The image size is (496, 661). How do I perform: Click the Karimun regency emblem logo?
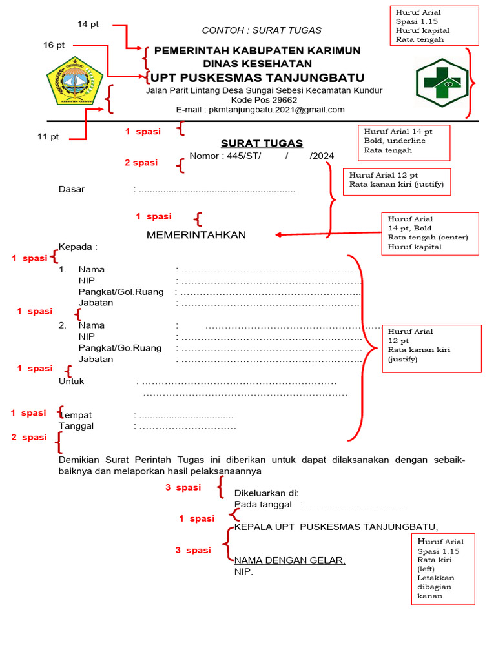pyautogui.click(x=74, y=82)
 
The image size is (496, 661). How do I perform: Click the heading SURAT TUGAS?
pyautogui.click(x=262, y=143)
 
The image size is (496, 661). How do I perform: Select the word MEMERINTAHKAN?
pyautogui.click(x=196, y=235)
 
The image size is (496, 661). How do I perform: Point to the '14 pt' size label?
pyautogui.click(x=88, y=25)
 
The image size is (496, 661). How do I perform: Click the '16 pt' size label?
pyautogui.click(x=54, y=45)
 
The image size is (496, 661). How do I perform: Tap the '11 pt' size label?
pyautogui.click(x=48, y=136)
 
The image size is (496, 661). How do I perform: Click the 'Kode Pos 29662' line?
pyautogui.click(x=263, y=100)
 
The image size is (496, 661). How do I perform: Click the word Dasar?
pyautogui.click(x=72, y=190)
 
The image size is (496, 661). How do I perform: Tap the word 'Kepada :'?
pyautogui.click(x=77, y=247)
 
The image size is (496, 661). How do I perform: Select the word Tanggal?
pyautogui.click(x=76, y=426)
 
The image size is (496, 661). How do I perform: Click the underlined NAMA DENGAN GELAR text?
pyautogui.click(x=289, y=560)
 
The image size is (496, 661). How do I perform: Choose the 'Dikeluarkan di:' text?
pyautogui.click(x=265, y=493)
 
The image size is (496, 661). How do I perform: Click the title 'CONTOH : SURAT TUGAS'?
pyautogui.click(x=262, y=30)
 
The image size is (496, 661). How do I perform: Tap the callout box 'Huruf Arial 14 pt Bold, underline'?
pyautogui.click(x=404, y=142)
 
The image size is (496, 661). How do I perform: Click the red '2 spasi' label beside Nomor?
pyautogui.click(x=141, y=163)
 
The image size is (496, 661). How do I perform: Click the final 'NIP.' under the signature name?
pyautogui.click(x=243, y=572)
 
